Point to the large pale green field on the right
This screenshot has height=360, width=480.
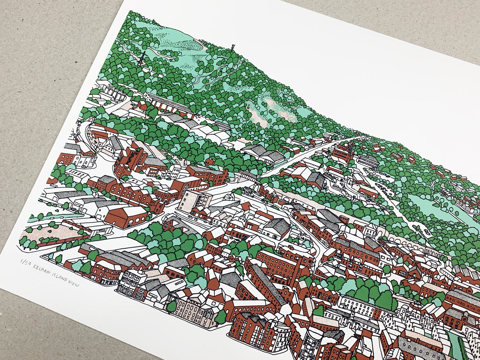(x=432, y=209)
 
